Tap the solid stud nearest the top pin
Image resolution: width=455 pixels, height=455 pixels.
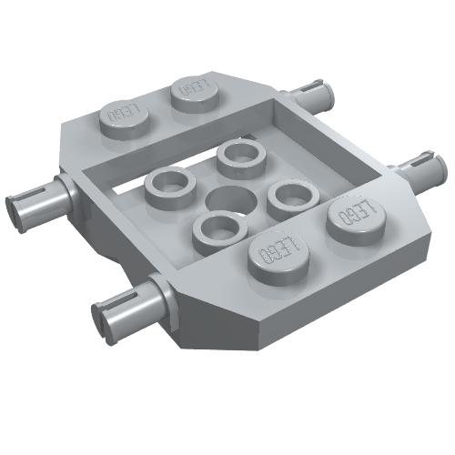coord(197,91)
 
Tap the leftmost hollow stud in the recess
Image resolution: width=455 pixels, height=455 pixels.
coord(168,188)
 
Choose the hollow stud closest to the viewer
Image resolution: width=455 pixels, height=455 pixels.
coord(218,227)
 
